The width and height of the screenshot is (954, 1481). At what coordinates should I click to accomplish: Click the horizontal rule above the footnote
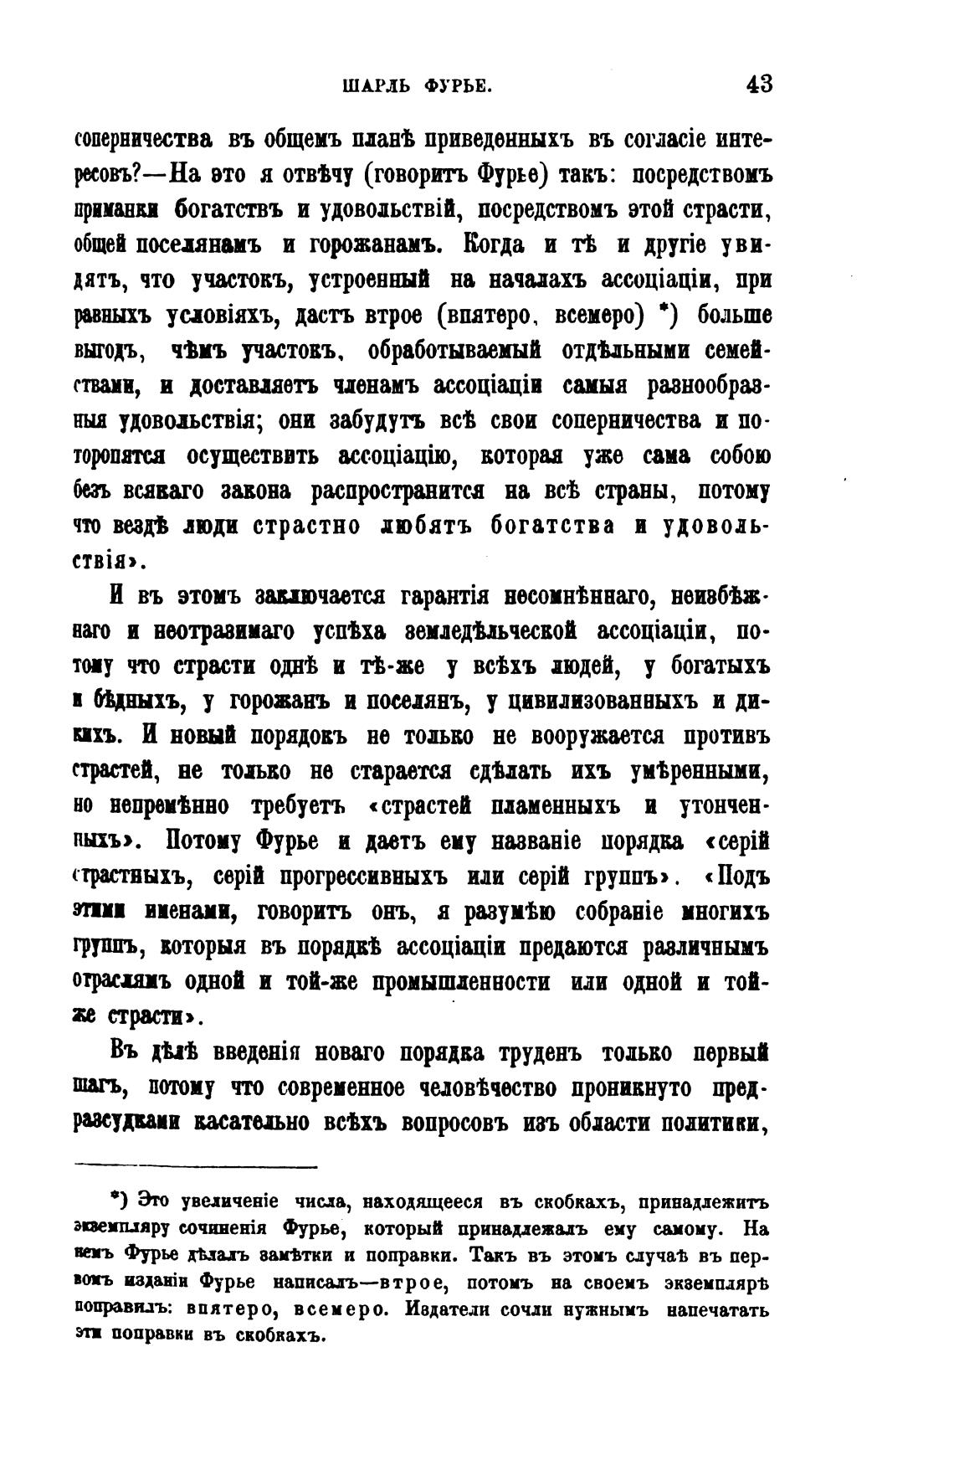(196, 1166)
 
